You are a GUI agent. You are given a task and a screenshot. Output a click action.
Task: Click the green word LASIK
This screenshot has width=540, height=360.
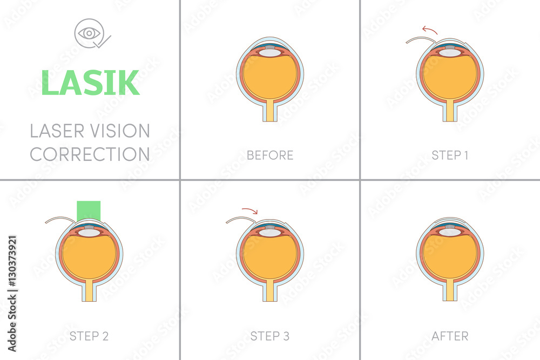coord(90,83)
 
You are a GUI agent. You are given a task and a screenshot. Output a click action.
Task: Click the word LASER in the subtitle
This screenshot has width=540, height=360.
coord(58,131)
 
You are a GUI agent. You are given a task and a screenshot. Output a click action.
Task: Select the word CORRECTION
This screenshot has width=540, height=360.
coord(90,154)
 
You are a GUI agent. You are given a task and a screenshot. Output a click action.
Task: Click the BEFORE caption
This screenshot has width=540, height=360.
coord(270,155)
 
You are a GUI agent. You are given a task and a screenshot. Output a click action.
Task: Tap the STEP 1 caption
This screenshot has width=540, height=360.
coord(450,155)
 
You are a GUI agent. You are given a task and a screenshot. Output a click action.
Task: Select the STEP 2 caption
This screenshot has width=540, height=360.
coord(89,336)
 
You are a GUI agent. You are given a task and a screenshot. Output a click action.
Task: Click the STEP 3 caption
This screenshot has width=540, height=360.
coord(270,336)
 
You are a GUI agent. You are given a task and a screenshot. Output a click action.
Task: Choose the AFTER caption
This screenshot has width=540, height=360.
coord(450,336)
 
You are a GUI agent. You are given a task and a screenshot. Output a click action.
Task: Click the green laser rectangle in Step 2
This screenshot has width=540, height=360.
coord(89,210)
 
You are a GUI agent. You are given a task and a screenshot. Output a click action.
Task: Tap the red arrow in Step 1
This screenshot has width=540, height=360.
coord(430,29)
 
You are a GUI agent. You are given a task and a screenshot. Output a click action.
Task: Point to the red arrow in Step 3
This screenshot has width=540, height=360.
coord(250,210)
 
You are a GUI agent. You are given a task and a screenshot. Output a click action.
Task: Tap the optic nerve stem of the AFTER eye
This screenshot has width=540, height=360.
coord(450,292)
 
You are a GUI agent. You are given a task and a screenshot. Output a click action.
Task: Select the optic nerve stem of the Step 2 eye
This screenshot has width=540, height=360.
coord(89,292)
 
